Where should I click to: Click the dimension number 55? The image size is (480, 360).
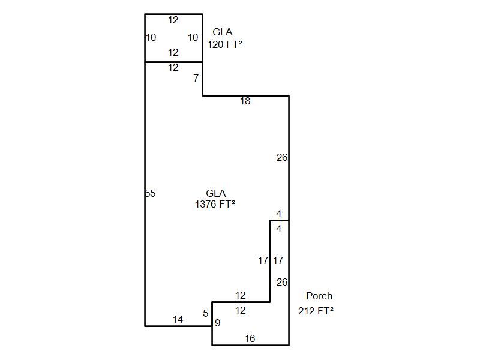[151, 193]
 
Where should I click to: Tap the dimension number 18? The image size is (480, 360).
[245, 101]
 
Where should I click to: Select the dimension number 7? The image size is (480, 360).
[196, 78]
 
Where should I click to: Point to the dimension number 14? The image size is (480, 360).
[178, 320]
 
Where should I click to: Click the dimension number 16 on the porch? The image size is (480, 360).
[250, 339]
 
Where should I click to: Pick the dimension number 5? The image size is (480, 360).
[206, 313]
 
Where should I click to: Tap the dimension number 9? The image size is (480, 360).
[218, 323]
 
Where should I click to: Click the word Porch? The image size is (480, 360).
[319, 296]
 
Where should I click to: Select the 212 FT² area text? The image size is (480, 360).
[316, 310]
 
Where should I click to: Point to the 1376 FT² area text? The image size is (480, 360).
[215, 204]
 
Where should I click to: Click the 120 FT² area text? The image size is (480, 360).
[225, 44]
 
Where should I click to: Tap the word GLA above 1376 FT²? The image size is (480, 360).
[215, 193]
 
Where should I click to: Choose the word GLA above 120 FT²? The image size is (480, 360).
[223, 32]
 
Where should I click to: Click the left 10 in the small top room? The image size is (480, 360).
[151, 37]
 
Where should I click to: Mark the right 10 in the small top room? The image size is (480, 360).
[193, 37]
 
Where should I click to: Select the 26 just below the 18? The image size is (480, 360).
[282, 158]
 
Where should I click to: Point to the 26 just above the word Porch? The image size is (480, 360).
[282, 282]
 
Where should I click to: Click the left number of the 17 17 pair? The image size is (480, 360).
[263, 260]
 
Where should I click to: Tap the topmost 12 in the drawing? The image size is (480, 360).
[173, 20]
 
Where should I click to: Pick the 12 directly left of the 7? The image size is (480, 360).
[173, 68]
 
